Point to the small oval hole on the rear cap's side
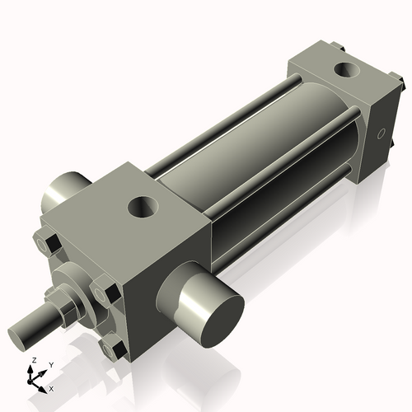[x=381, y=133]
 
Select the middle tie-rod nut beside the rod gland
[x=103, y=293]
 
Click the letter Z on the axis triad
[x=32, y=361]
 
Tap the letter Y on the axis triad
[x=51, y=364]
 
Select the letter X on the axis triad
[x=52, y=387]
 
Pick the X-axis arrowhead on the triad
[x=44, y=384]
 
